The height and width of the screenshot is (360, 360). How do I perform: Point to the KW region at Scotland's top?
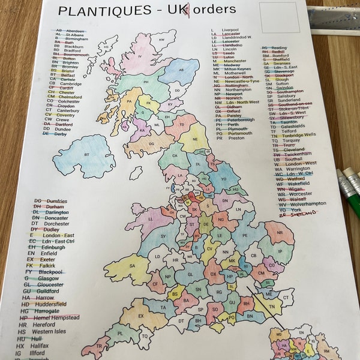[161, 40]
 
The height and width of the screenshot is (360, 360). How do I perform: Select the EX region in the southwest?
[141, 317]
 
